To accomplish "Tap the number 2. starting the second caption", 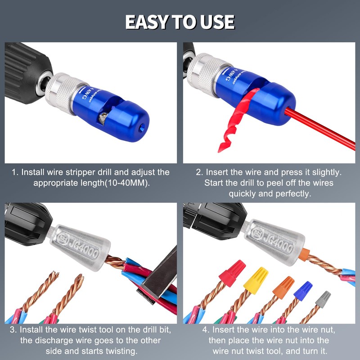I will coord(199,172).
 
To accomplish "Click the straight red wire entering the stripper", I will coord(324,130).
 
